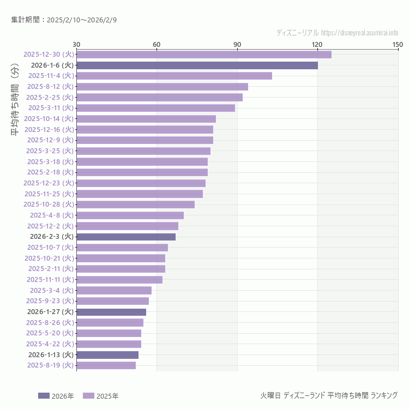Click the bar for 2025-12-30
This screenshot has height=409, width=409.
point(203,55)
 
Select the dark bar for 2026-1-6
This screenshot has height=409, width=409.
point(197,65)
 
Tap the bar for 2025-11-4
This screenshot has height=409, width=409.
point(174,76)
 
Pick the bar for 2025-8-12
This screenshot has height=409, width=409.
point(162,87)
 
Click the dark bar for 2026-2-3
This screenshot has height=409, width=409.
point(126,237)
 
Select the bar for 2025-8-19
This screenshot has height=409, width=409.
point(106,365)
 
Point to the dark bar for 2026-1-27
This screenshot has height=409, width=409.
point(111,312)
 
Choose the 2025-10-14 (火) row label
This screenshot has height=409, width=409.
point(49,119)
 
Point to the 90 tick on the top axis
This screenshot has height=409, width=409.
point(237,44)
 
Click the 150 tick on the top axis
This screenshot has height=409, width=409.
point(398,44)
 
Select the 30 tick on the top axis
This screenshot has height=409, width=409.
point(76,44)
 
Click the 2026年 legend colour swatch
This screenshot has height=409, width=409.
point(44,396)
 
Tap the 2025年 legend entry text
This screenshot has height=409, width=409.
point(107,396)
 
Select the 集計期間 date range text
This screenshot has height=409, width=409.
point(64,20)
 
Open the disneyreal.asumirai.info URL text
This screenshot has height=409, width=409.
point(359,33)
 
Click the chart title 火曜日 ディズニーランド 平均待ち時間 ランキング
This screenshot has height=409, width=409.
point(329,395)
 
